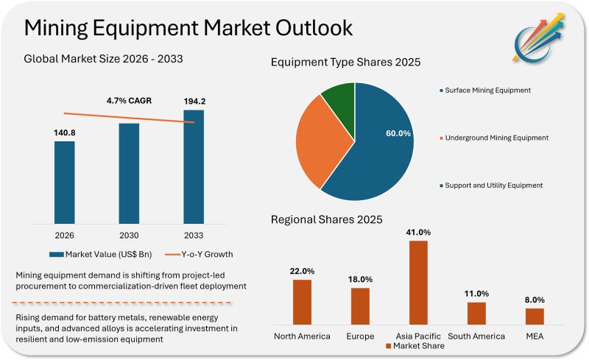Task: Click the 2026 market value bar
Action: coord(64,182)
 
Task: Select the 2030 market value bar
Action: coord(129,172)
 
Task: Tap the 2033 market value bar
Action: coord(194,166)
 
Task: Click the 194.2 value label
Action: coord(194,102)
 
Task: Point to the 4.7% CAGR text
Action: coord(130,101)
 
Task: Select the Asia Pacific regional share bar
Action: coord(418,282)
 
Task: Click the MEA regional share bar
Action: coord(535,316)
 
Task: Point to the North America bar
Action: coord(302,302)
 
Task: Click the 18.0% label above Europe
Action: coord(360,279)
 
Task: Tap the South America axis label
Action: coord(476,336)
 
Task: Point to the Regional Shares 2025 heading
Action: coord(327,219)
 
